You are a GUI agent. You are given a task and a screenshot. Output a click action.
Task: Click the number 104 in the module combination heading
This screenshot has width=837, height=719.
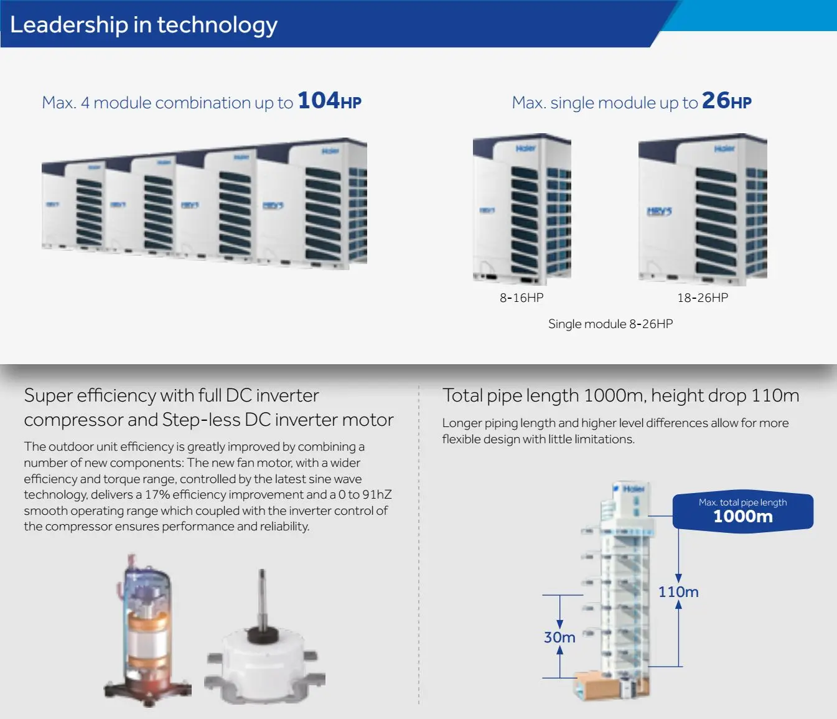(x=318, y=101)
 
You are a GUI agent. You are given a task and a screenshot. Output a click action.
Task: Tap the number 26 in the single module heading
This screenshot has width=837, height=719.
(x=715, y=101)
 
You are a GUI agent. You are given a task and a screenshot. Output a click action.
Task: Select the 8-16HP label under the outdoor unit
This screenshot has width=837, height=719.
(x=521, y=298)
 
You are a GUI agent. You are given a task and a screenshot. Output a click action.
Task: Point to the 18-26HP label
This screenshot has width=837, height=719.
(x=703, y=298)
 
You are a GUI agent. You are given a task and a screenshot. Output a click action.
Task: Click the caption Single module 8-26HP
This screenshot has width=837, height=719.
(x=610, y=324)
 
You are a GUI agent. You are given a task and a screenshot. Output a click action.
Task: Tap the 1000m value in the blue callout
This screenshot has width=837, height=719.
(x=743, y=517)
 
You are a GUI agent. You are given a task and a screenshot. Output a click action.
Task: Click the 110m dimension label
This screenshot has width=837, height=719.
(x=678, y=592)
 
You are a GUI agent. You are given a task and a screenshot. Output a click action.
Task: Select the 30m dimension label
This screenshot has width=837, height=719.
(x=559, y=637)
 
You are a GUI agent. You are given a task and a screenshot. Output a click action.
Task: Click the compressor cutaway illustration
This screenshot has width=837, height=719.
(x=147, y=629)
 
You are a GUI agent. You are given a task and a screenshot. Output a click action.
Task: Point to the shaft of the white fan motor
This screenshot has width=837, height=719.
(x=262, y=598)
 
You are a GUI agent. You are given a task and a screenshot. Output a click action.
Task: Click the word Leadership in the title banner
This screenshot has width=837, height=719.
(x=68, y=25)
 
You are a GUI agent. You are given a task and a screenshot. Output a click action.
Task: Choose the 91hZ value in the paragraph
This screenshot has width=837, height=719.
(x=377, y=495)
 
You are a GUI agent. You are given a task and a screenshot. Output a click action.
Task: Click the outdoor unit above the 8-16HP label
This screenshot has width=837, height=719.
(x=522, y=209)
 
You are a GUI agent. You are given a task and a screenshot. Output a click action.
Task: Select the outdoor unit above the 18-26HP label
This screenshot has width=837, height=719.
(x=703, y=209)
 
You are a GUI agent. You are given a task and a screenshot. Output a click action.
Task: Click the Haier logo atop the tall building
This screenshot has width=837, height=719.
(x=633, y=489)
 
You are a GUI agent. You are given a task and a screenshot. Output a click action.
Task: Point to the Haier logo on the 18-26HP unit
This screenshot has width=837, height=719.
(x=724, y=149)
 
